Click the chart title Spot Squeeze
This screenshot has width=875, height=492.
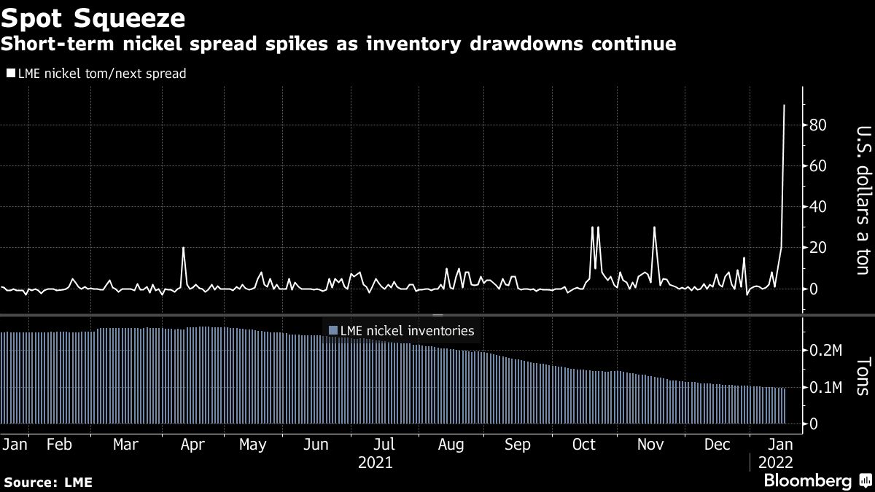[93, 16]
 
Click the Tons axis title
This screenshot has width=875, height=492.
[860, 376]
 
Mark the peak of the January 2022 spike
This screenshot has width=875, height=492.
[785, 106]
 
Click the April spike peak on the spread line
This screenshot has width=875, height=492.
[183, 249]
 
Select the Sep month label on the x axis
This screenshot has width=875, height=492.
[517, 444]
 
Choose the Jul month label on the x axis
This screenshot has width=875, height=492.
[384, 444]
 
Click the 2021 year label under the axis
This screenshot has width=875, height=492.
[376, 463]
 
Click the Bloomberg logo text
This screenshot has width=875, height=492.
[806, 480]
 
